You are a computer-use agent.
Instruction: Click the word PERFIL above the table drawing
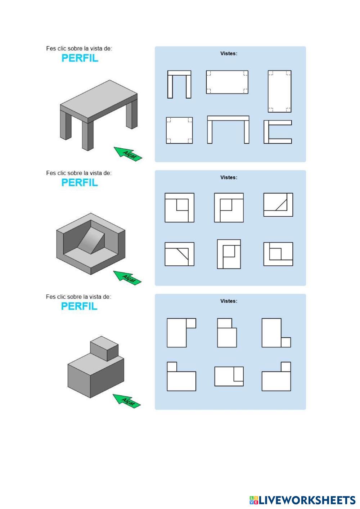pyautogui.click(x=80, y=58)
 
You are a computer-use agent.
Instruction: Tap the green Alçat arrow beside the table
pyautogui.click(x=128, y=154)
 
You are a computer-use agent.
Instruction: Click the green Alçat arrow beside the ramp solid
pyautogui.click(x=127, y=278)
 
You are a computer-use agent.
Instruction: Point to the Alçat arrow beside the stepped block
pyautogui.click(x=127, y=401)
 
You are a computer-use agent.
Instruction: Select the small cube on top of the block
pyautogui.click(x=104, y=348)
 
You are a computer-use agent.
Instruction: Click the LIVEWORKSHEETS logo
pyautogui.click(x=302, y=500)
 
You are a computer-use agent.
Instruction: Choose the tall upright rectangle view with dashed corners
pyautogui.click(x=279, y=91)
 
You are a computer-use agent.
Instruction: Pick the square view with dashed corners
pyautogui.click(x=179, y=130)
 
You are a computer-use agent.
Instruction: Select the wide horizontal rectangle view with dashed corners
pyautogui.click(x=227, y=82)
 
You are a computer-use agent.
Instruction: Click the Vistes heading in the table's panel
pyautogui.click(x=229, y=53)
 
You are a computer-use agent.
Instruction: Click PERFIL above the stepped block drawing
pyautogui.click(x=79, y=306)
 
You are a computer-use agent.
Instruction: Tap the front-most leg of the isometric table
pyautogui.click(x=88, y=135)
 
